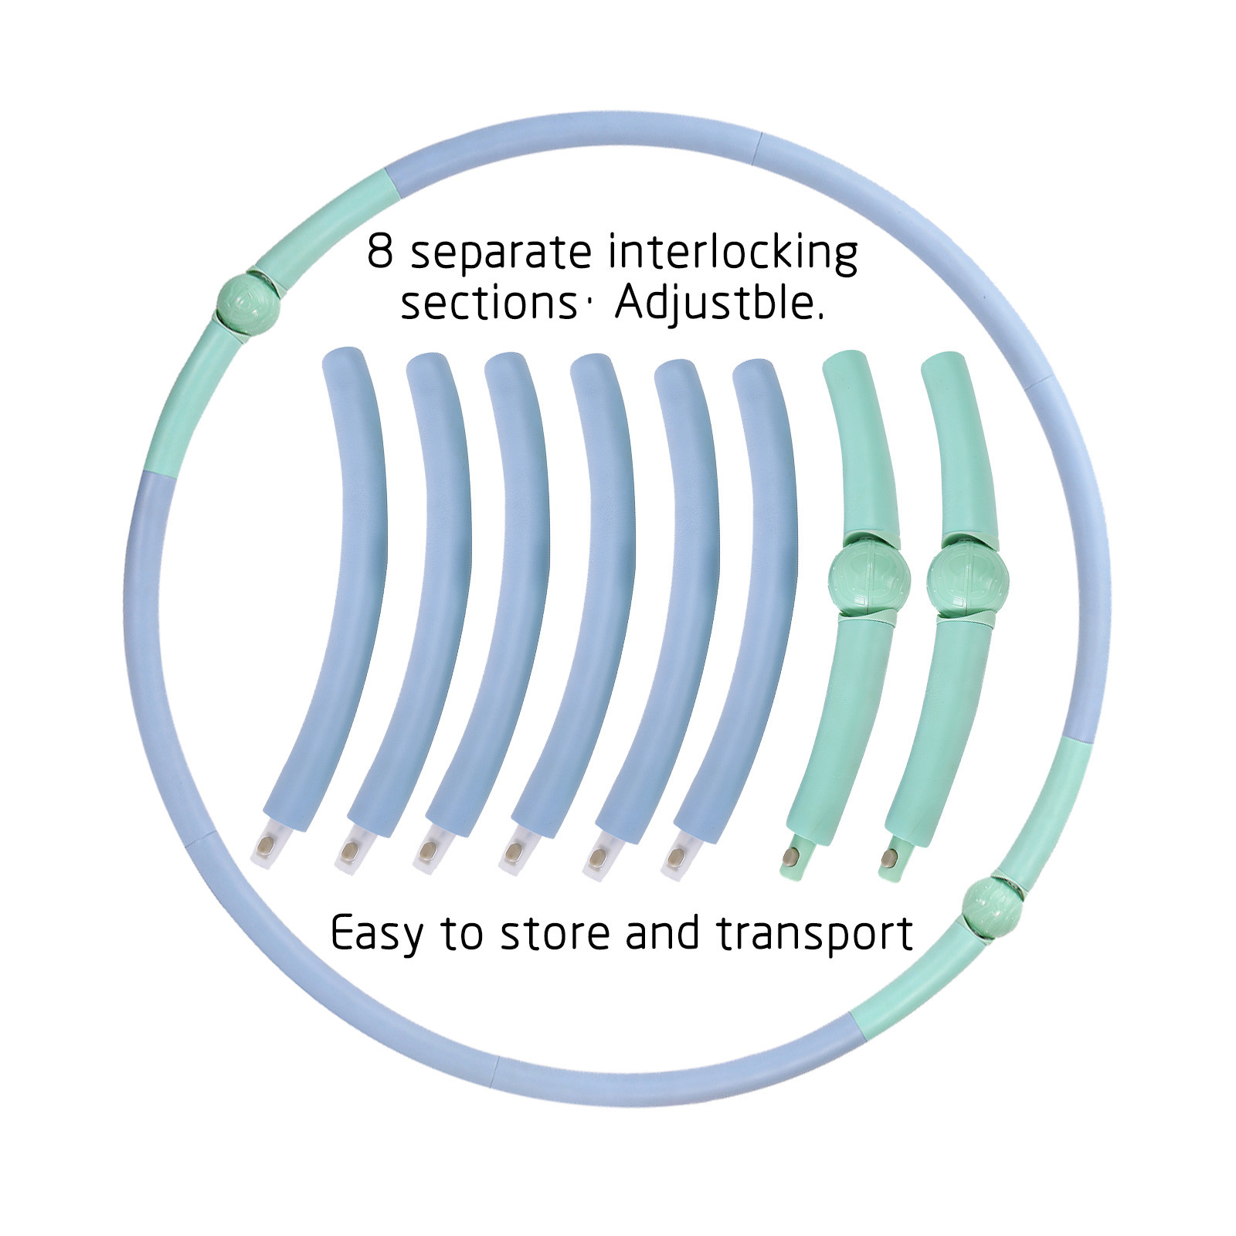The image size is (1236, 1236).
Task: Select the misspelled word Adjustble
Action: coord(719,301)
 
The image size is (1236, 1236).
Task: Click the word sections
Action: coord(488,303)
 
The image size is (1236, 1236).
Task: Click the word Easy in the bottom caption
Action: coord(377,934)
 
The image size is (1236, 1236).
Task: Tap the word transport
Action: coord(815,934)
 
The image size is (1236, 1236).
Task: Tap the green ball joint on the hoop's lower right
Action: coord(991,905)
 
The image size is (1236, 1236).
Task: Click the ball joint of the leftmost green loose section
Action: coord(869,578)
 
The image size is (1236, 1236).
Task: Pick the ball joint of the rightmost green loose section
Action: coord(968,578)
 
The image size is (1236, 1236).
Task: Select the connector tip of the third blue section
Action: coord(427,854)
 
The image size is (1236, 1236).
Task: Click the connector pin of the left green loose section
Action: coord(792,856)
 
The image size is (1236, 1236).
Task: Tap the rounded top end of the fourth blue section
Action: coord(591,368)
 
